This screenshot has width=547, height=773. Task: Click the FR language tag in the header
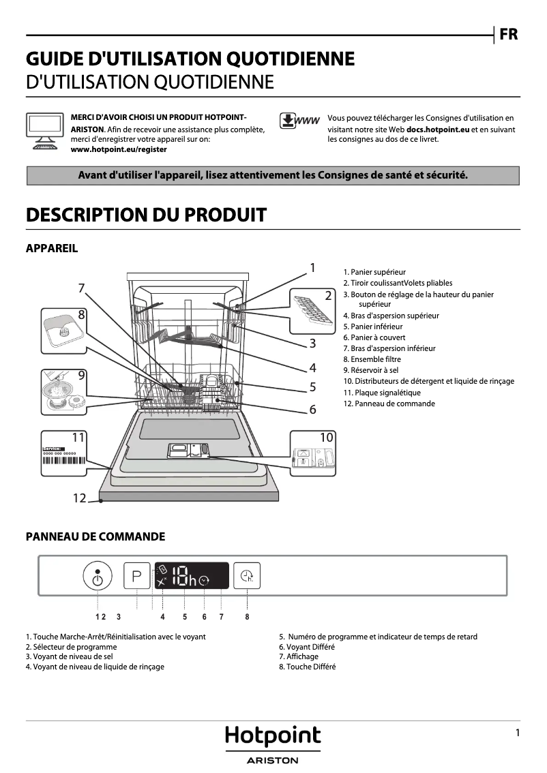(x=508, y=34)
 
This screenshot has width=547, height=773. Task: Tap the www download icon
(x=299, y=121)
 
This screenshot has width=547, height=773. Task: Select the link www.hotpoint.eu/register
(x=119, y=149)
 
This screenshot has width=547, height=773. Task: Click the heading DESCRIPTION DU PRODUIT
(x=145, y=215)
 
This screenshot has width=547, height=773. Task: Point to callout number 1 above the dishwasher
(x=312, y=268)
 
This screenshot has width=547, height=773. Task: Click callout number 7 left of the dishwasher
(x=81, y=288)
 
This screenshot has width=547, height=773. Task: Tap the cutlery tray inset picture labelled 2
(x=312, y=307)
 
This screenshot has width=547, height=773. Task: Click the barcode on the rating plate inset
(x=65, y=460)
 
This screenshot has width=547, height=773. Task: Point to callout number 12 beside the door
(x=80, y=498)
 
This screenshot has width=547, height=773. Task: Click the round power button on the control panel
(x=98, y=578)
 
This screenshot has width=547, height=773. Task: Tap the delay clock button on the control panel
(x=246, y=577)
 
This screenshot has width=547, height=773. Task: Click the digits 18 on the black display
(x=179, y=578)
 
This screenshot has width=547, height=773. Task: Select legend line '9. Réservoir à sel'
(x=370, y=370)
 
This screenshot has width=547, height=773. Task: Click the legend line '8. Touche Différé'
(x=307, y=667)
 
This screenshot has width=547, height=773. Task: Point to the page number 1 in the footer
(x=518, y=733)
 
